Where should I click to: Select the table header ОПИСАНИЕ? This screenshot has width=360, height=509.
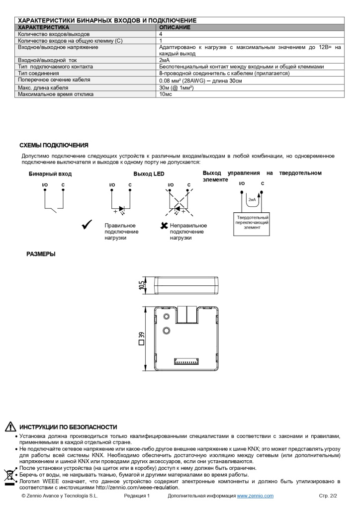click(175, 27)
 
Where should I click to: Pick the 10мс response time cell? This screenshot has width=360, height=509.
click(166, 94)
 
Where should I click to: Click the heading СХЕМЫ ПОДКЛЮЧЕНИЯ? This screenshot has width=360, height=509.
click(54, 145)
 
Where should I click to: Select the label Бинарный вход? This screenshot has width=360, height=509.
click(50, 174)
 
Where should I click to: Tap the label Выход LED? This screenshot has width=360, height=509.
click(149, 174)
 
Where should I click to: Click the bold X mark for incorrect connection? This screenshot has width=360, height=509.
click(165, 226)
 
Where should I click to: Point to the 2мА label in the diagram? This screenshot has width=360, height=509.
click(252, 199)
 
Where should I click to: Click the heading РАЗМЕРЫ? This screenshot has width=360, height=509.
click(41, 254)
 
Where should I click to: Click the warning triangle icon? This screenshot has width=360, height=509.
click(10, 427)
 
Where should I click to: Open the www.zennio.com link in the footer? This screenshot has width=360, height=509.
click(255, 496)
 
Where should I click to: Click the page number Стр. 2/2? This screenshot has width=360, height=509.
click(328, 496)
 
